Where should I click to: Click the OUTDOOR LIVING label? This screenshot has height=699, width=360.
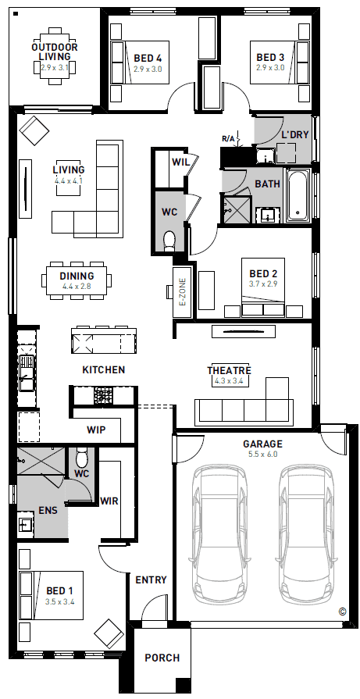[55, 52]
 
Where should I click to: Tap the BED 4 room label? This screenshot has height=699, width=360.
[148, 58]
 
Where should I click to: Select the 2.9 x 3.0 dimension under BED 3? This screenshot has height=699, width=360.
[270, 68]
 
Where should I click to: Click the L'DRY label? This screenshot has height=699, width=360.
[294, 135]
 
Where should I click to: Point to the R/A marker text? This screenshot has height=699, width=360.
[229, 138]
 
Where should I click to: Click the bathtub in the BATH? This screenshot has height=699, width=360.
[298, 195]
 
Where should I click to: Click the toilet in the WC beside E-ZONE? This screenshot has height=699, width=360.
[169, 241]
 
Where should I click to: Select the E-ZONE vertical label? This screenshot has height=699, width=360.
[182, 292]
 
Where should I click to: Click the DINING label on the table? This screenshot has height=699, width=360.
[77, 276]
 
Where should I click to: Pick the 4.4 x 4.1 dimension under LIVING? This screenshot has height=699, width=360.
[69, 181]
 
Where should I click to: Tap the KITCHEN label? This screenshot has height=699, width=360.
[104, 369]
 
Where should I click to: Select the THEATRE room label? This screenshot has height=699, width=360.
[229, 371]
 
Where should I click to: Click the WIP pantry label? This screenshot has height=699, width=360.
[96, 430]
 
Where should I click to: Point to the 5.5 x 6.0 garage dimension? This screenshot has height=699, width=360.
[262, 455]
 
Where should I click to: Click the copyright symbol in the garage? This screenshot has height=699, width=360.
[342, 612]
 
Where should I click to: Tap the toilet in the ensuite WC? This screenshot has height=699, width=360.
[81, 458]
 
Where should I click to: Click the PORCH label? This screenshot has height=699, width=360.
[162, 658]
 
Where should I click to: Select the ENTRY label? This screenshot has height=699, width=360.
[151, 580]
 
